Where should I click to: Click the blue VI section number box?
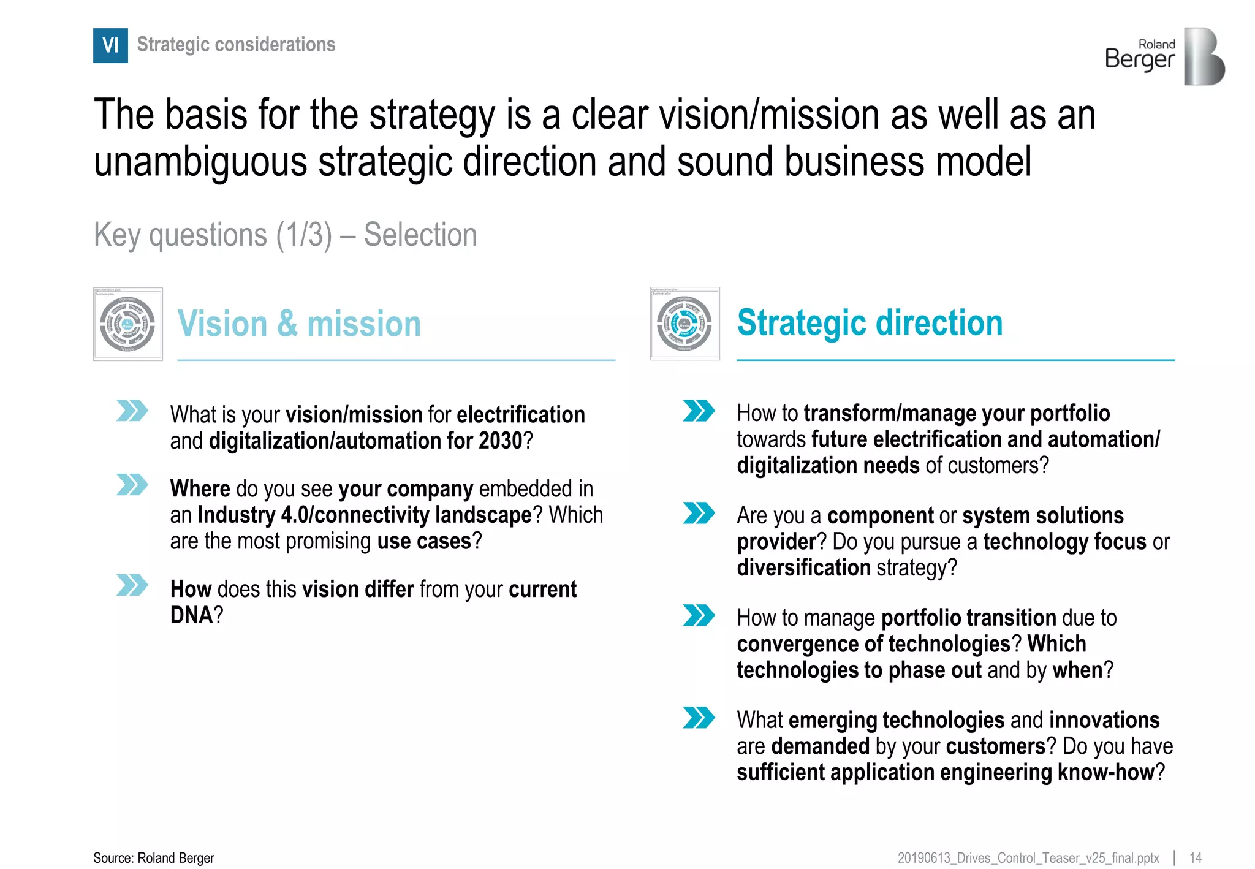point(110,45)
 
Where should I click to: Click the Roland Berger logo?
point(1164,56)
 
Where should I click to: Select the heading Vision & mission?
point(299,324)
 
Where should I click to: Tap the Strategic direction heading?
point(870,322)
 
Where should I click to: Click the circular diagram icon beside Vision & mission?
point(127,324)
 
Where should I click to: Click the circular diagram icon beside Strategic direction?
point(684,324)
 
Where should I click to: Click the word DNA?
point(191,615)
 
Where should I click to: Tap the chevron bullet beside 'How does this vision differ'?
point(132,585)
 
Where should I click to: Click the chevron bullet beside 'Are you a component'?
point(699,514)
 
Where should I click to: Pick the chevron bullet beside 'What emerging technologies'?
point(699,718)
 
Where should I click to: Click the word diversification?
point(803,567)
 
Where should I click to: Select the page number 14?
point(1195,858)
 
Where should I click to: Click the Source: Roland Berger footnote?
point(154,858)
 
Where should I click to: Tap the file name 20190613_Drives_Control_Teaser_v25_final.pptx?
point(1028,858)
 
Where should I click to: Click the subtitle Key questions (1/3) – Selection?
point(285,235)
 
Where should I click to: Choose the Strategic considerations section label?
point(236,45)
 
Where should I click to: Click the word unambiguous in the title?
point(200,162)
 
